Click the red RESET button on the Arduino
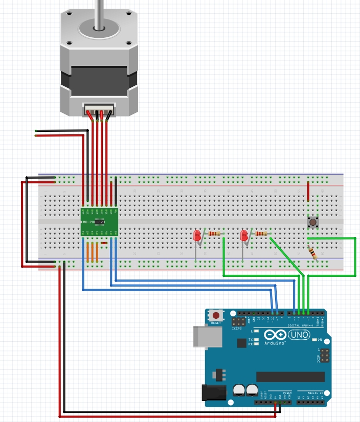216,316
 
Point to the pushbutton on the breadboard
312,222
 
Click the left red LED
197,236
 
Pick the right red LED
244,236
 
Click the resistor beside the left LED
215,234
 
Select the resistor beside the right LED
261,234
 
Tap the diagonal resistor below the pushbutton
312,253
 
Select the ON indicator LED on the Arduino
312,340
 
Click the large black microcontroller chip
290,377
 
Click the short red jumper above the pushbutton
308,192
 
